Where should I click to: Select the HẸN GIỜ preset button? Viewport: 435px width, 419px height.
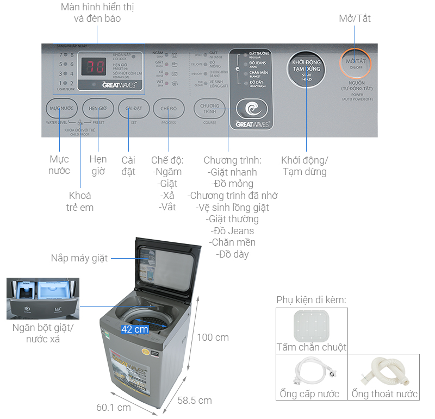(98, 108)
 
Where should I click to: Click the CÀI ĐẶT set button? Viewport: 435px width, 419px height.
(133, 108)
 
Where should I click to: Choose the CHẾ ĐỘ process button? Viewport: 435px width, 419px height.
(169, 108)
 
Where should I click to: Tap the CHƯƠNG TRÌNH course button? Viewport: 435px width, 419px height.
(209, 109)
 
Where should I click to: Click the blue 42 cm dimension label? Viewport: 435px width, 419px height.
(134, 329)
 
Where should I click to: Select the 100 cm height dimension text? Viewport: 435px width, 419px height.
(213, 337)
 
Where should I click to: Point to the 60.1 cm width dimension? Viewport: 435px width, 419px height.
(114, 407)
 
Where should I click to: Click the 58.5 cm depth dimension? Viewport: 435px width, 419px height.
(195, 401)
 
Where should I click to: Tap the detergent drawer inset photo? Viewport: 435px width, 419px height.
(42, 298)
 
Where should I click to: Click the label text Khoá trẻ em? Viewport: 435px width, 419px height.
(80, 201)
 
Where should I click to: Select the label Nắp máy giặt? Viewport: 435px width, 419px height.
(79, 258)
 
